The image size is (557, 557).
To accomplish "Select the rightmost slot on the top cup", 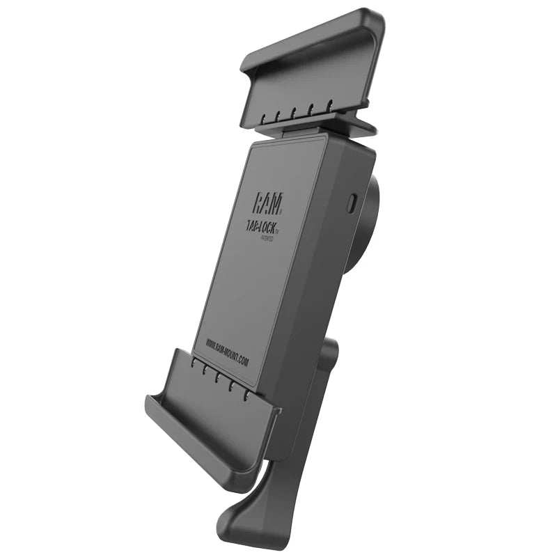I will pos(330,105).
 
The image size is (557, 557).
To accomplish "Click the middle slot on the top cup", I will pos(295,111).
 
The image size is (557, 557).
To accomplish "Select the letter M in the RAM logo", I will pos(278,203).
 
